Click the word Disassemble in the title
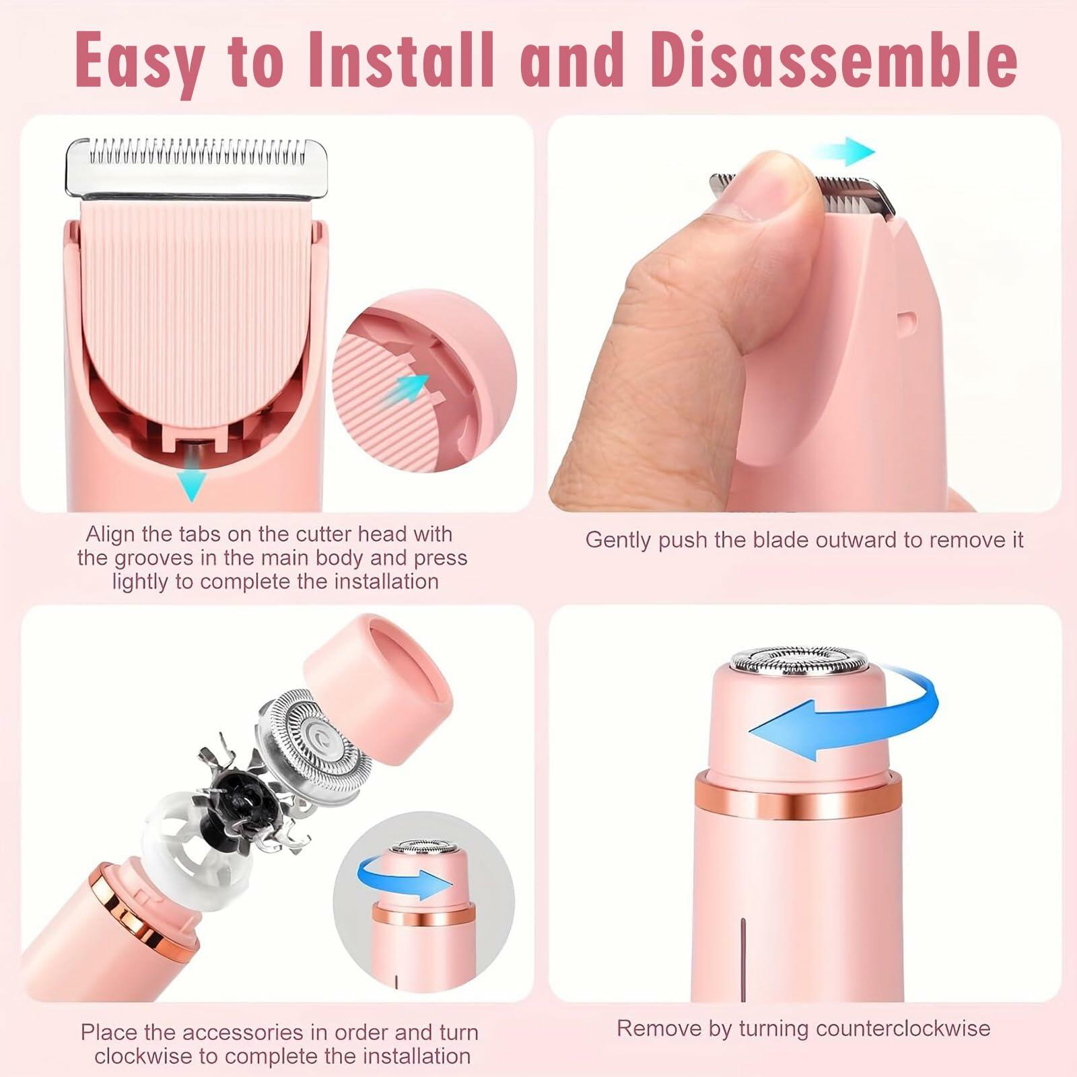tap(833, 63)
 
